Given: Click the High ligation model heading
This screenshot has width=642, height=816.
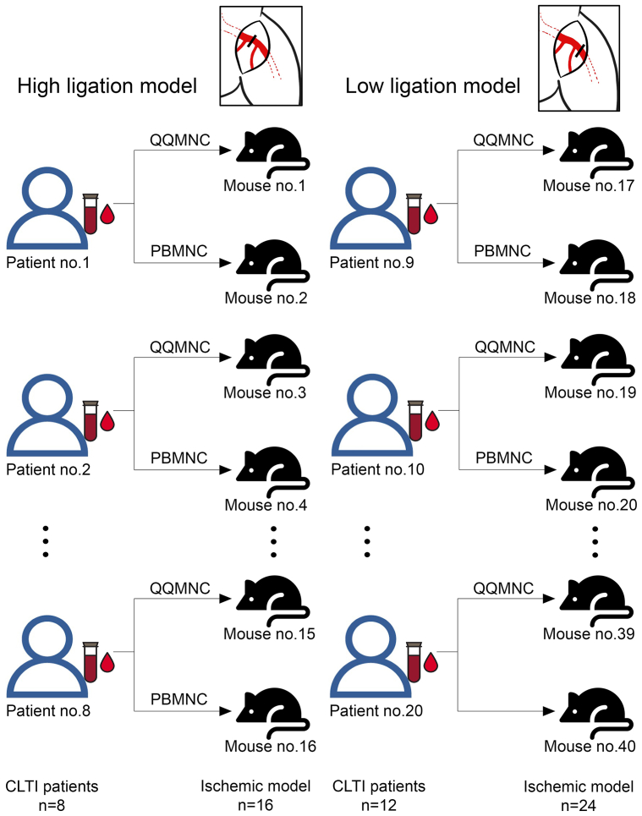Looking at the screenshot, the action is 105,86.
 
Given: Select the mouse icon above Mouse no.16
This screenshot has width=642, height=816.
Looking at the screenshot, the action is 271,715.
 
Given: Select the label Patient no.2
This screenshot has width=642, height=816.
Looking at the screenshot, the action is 47,468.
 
